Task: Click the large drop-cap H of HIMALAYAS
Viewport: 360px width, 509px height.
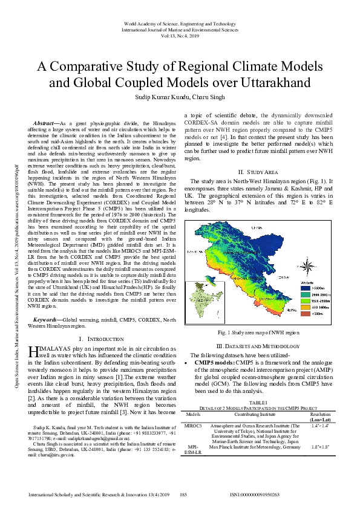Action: tap(34, 352)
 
